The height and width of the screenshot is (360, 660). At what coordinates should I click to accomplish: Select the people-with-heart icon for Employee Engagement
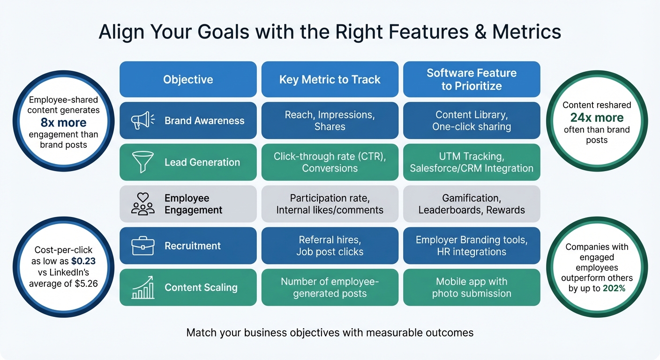click(x=142, y=204)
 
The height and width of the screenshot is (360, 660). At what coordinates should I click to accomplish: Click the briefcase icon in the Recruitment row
click(x=142, y=246)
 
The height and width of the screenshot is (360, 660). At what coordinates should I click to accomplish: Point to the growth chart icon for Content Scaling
click(x=142, y=287)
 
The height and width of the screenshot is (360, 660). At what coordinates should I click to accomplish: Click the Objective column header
click(x=188, y=80)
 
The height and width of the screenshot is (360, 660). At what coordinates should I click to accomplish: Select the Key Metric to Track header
click(x=330, y=80)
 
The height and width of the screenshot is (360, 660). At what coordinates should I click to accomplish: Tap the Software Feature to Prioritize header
click(x=472, y=80)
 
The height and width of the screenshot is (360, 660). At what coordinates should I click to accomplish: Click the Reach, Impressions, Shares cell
click(x=330, y=120)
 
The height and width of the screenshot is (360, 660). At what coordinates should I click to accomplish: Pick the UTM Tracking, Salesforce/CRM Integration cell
click(x=472, y=162)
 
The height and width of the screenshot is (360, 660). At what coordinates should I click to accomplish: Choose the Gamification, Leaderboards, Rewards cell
click(x=472, y=204)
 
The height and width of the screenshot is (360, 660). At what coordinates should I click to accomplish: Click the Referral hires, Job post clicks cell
click(x=330, y=246)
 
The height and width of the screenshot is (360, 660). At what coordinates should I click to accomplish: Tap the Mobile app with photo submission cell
click(x=472, y=287)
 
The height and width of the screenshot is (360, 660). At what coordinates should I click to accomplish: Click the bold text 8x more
click(x=63, y=123)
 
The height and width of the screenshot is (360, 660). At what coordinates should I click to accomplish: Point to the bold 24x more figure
click(x=597, y=118)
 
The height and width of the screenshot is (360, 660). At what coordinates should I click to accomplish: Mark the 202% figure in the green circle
click(x=615, y=288)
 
